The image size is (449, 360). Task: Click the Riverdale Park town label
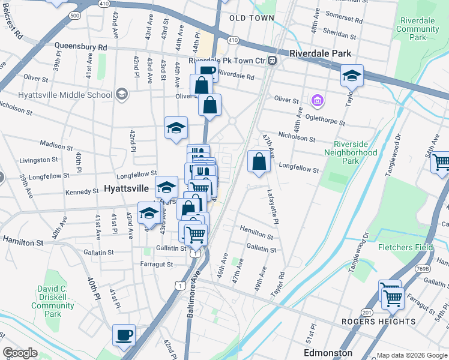click(x=320, y=53)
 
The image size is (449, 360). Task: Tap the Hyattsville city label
click(x=126, y=188)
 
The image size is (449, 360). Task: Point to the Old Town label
click(x=252, y=18)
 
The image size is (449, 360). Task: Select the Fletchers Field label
click(x=405, y=247)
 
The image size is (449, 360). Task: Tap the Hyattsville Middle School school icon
click(x=122, y=94)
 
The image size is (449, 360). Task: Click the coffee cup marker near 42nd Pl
click(x=124, y=335)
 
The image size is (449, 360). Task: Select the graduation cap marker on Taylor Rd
click(x=352, y=76)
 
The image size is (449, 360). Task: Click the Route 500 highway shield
click(x=74, y=15)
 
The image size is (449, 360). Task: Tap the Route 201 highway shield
click(x=367, y=312)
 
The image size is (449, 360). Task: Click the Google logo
click(x=20, y=353)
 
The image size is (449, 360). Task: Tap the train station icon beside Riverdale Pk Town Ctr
click(x=272, y=60)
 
